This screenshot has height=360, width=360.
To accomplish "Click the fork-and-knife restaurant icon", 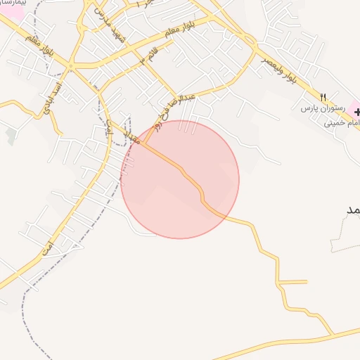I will pyautogui.click(x=323, y=96).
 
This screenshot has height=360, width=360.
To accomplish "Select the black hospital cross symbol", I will pyautogui.click(x=356, y=112).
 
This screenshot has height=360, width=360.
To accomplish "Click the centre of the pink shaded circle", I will pyautogui.click(x=180, y=179).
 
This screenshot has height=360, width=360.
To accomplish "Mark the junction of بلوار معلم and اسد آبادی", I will pyautogui.click(x=71, y=67).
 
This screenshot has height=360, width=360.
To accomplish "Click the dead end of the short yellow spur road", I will pyautogui.click(x=307, y=282).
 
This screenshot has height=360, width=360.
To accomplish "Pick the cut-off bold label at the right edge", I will pyautogui.click(x=352, y=210).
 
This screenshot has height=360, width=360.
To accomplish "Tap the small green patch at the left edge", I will pyautogui.click(x=11, y=136).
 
